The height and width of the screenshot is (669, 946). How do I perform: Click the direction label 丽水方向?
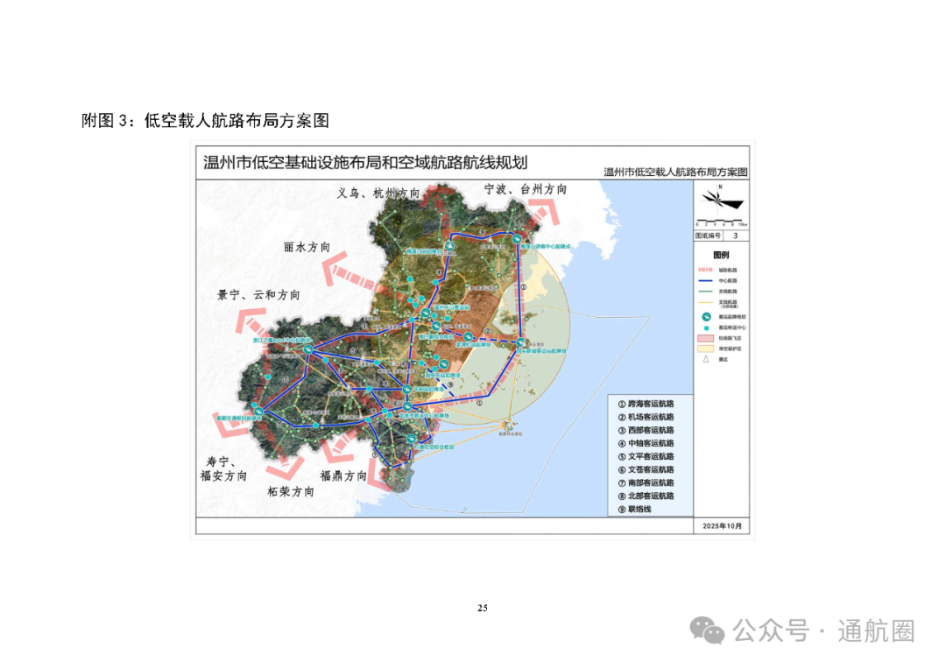(x=307, y=248)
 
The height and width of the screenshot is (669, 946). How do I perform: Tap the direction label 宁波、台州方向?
(x=525, y=189)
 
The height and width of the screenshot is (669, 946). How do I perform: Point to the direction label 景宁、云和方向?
(x=258, y=295)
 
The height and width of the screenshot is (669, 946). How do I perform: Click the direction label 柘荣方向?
(x=291, y=491)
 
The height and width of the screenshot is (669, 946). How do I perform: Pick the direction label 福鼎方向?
(x=343, y=475)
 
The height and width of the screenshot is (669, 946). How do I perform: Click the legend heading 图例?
(x=721, y=254)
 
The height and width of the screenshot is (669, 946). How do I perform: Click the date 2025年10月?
(x=721, y=526)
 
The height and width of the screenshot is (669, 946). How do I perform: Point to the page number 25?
(x=483, y=609)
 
